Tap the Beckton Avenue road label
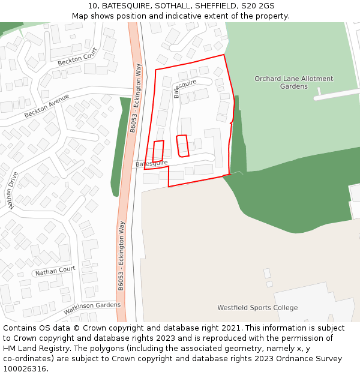click(47, 106)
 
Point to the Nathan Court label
click(55, 271)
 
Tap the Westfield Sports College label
click(257, 308)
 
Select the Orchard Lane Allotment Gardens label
click(293, 82)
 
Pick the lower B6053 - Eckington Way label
click(121, 256)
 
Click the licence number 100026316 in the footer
click(24, 369)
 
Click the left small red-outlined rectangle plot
click(158, 151)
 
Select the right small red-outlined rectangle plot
click(182, 146)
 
